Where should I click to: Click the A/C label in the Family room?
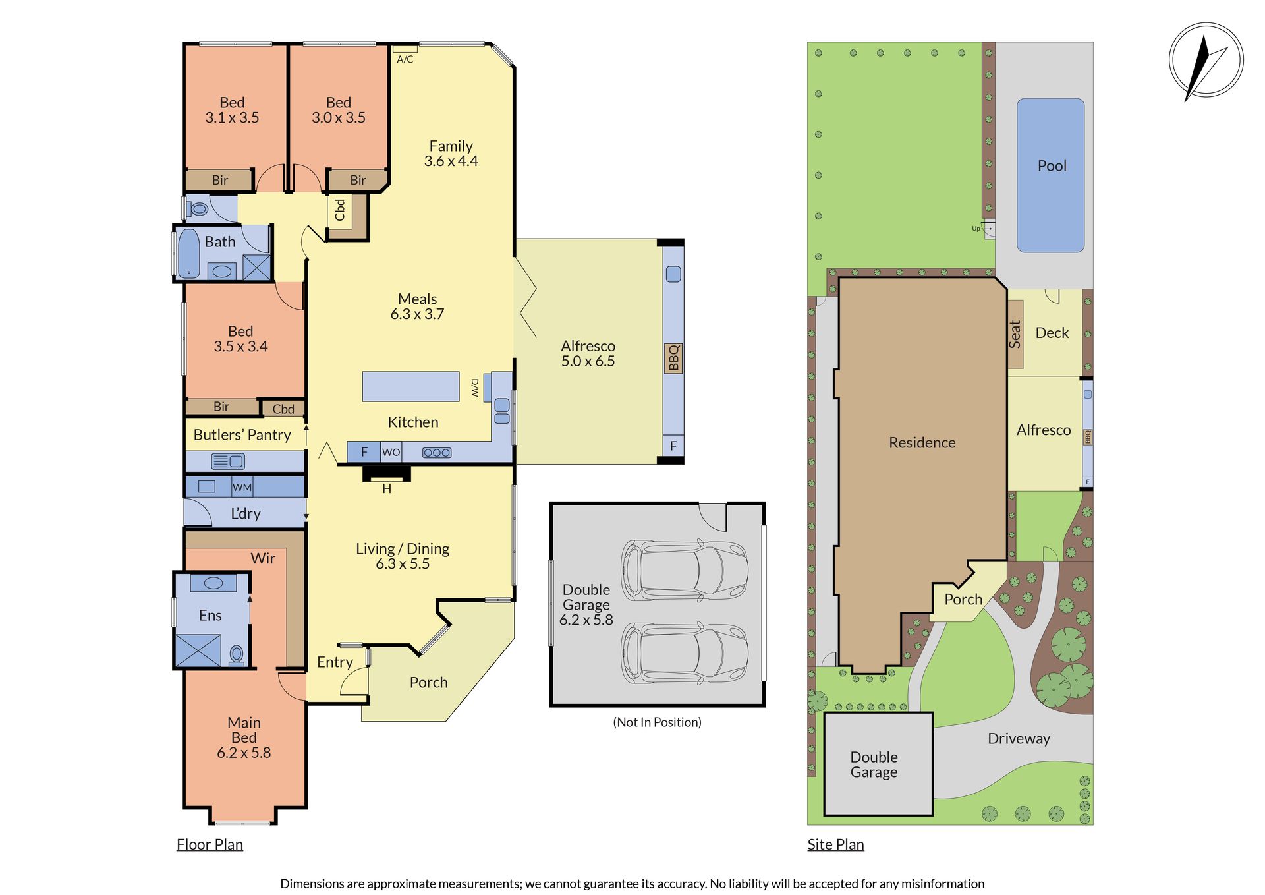[405, 59]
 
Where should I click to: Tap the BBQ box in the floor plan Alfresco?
[673, 358]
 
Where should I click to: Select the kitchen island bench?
[410, 386]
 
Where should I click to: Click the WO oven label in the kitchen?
[391, 452]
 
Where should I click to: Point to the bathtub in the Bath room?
[189, 254]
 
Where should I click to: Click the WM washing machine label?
[242, 488]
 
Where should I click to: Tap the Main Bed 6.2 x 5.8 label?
[244, 737]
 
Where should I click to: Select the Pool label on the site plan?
[1052, 166]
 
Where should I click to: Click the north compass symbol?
[1206, 61]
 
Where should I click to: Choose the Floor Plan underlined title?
[210, 844]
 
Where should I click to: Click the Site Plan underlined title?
[835, 844]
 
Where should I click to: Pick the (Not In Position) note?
[657, 722]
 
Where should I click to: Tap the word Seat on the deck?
[1015, 334]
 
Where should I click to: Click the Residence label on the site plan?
[922, 443]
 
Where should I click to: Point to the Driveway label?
[1019, 739]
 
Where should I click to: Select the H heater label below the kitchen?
[387, 489]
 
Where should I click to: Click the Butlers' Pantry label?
[242, 435]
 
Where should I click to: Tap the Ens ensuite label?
[210, 616]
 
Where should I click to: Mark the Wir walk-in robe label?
[263, 558]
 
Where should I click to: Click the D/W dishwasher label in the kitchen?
[475, 388]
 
